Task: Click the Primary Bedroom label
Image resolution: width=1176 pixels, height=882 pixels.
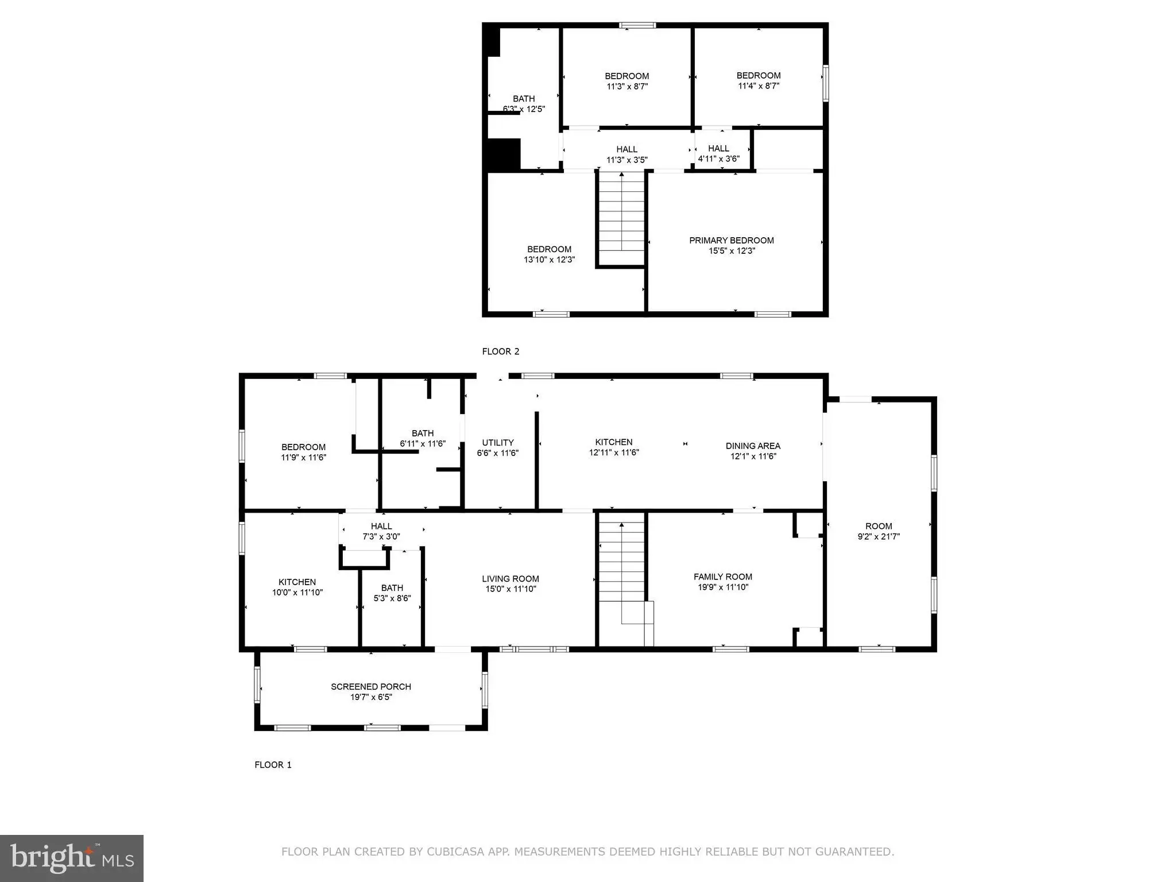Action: (732, 241)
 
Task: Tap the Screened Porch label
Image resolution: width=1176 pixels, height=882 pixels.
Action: (371, 687)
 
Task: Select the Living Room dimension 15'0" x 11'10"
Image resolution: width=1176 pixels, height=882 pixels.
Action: (510, 589)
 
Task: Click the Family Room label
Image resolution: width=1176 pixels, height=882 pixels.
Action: (723, 577)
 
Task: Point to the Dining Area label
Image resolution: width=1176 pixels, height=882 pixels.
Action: (753, 446)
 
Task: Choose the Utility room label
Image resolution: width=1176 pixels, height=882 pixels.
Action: (498, 443)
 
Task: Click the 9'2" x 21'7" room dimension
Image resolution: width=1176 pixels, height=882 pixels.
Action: (879, 537)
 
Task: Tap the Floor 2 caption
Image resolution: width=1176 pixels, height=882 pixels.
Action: (501, 351)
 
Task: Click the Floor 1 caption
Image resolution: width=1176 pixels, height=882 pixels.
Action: (273, 765)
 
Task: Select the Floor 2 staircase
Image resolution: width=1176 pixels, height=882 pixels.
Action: (622, 218)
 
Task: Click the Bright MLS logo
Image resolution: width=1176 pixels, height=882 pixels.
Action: (72, 858)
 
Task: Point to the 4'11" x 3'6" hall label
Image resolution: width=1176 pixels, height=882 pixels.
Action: (719, 159)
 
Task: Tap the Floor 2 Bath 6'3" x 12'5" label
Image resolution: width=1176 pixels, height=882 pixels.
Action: (524, 104)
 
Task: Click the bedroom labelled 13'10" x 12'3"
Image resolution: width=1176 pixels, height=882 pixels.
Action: (550, 254)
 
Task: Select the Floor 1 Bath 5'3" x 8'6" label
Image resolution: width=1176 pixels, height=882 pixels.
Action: (392, 593)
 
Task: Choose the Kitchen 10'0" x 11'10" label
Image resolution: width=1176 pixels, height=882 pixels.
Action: (297, 587)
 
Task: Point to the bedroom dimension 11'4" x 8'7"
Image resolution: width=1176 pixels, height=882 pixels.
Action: (759, 86)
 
